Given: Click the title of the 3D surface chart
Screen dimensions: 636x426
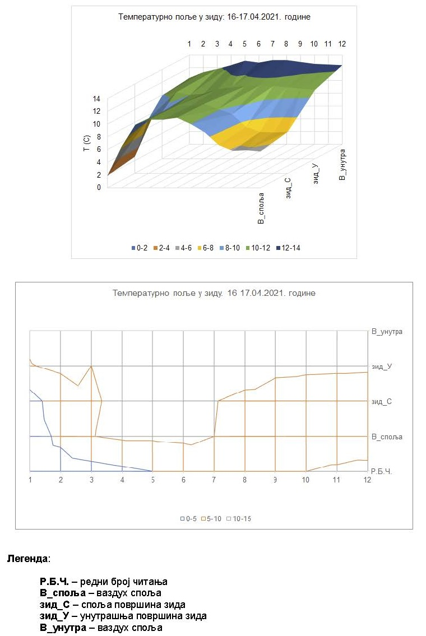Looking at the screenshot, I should click(214, 17).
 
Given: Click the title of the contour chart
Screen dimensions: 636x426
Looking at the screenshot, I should click(214, 293).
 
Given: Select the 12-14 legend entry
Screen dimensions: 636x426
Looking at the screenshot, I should click(288, 248).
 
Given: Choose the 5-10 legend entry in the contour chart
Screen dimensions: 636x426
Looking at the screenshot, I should click(211, 518).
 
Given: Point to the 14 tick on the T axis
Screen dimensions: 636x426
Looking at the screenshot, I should click(96, 98).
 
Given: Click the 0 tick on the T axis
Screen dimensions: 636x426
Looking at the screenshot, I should click(98, 187).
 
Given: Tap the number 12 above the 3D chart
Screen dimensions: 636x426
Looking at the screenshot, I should click(341, 44).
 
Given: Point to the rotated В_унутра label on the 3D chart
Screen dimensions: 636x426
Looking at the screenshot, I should click(343, 164).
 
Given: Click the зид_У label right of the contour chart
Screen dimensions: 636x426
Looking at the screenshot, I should click(381, 366).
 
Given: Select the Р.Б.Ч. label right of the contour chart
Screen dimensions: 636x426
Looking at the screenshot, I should click(382, 472).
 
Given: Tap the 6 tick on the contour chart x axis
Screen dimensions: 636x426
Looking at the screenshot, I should click(183, 480).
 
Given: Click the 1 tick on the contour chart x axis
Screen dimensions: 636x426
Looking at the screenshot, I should click(30, 480).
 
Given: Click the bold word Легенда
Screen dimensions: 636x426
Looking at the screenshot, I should click(27, 559).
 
